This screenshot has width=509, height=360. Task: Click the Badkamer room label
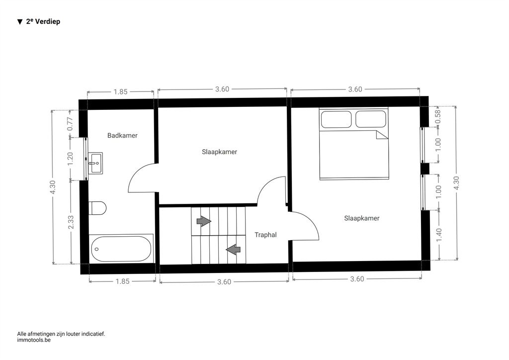tap(122, 135)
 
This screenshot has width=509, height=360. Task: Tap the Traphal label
tap(265, 235)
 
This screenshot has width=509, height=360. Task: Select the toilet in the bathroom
tap(97, 208)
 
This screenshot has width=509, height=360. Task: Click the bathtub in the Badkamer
tap(121, 249)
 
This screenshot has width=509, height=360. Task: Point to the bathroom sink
tap(95, 163)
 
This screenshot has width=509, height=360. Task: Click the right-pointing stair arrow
tap(204, 221)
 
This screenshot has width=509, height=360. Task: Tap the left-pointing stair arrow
tap(233, 250)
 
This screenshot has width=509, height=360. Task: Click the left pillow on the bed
tap(337, 119)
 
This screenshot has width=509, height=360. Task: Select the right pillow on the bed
tap(371, 119)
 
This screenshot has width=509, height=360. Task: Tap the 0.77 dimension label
tap(70, 124)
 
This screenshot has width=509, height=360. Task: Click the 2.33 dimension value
tap(71, 222)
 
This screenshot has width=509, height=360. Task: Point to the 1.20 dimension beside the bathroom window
tap(71, 159)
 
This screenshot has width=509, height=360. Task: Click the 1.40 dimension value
tap(439, 235)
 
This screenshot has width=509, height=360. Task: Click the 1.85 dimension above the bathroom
tap(120, 92)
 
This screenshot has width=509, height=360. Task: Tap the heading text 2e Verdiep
tap(43, 21)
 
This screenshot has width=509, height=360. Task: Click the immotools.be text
tap(34, 340)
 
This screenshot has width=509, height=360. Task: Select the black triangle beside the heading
tap(20, 22)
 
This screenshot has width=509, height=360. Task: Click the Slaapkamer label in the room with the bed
tap(362, 218)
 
